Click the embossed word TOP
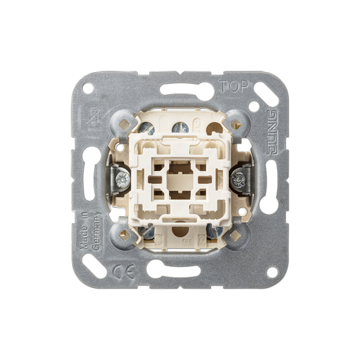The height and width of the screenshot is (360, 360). coord(234,86)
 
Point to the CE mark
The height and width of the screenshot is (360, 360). coord(123,271)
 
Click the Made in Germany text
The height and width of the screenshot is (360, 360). coord(90,231)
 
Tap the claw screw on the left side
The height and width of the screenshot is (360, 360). coord(123,179)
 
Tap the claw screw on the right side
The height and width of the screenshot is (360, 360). coord(238,179)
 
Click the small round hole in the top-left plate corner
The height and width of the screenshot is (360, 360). coord(88,89)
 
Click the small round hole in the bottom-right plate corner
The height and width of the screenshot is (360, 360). coord(272,273)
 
